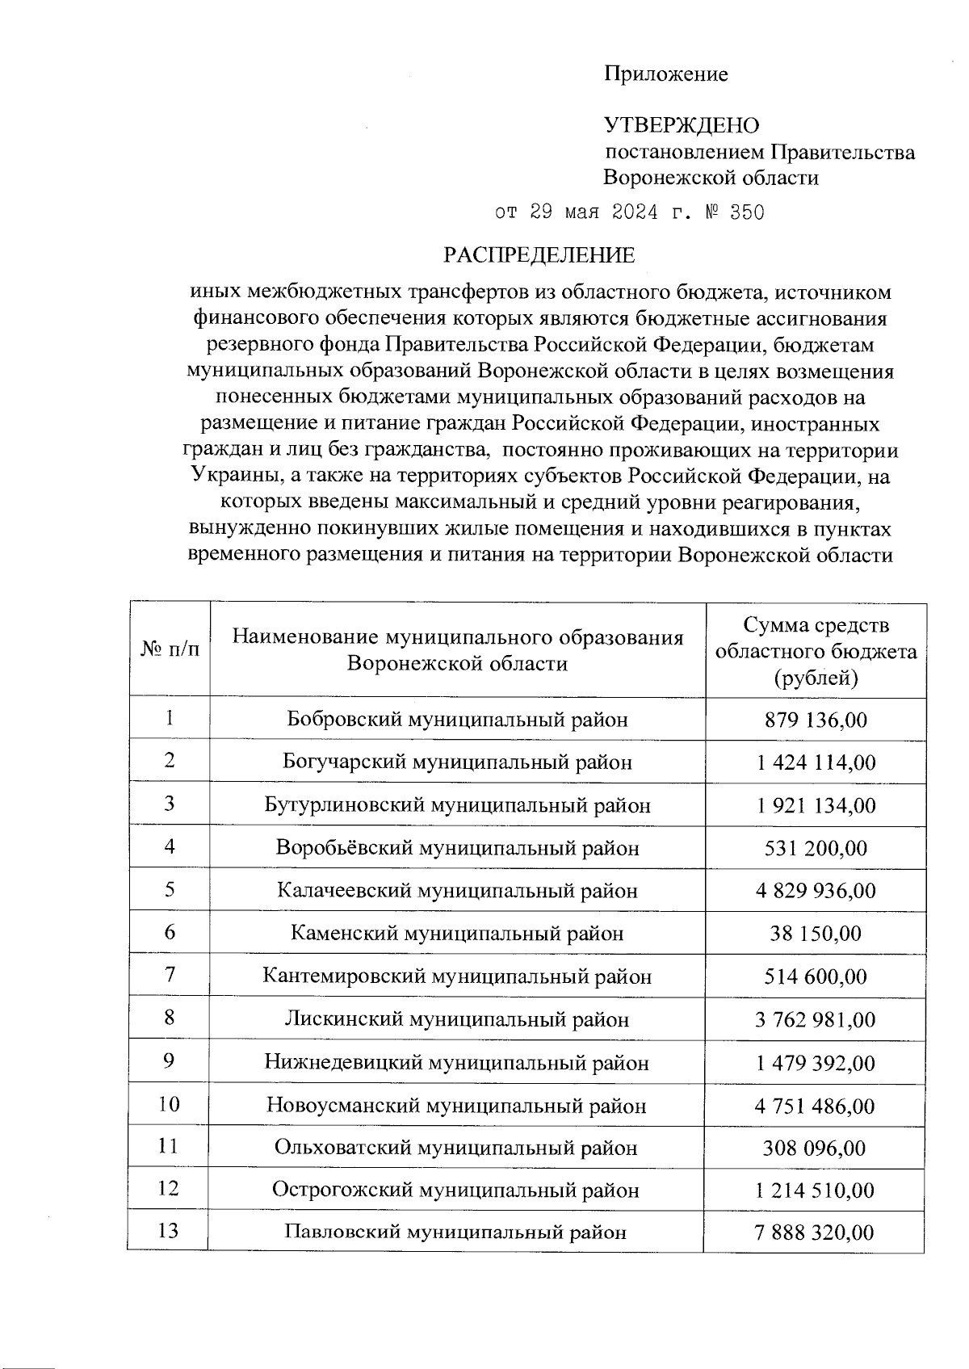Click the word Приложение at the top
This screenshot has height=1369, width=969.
click(x=666, y=74)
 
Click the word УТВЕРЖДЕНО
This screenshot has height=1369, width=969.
click(x=682, y=125)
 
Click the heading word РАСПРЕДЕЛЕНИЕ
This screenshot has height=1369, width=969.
click(x=539, y=255)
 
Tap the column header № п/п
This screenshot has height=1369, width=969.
click(x=170, y=649)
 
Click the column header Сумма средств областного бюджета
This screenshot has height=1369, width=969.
click(x=816, y=650)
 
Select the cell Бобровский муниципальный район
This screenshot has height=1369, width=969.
click(x=457, y=720)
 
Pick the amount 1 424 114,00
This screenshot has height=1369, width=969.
click(x=816, y=762)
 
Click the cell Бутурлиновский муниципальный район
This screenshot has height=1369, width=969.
click(x=457, y=805)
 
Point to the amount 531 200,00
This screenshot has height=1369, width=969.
click(x=816, y=848)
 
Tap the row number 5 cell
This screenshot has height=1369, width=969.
click(x=170, y=889)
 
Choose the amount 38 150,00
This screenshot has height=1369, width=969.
click(x=816, y=934)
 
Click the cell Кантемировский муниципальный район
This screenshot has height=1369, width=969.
click(x=457, y=976)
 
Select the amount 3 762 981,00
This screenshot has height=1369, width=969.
click(x=816, y=1019)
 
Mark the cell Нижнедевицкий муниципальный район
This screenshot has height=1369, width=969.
click(x=457, y=1063)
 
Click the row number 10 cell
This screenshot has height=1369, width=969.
click(x=170, y=1104)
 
